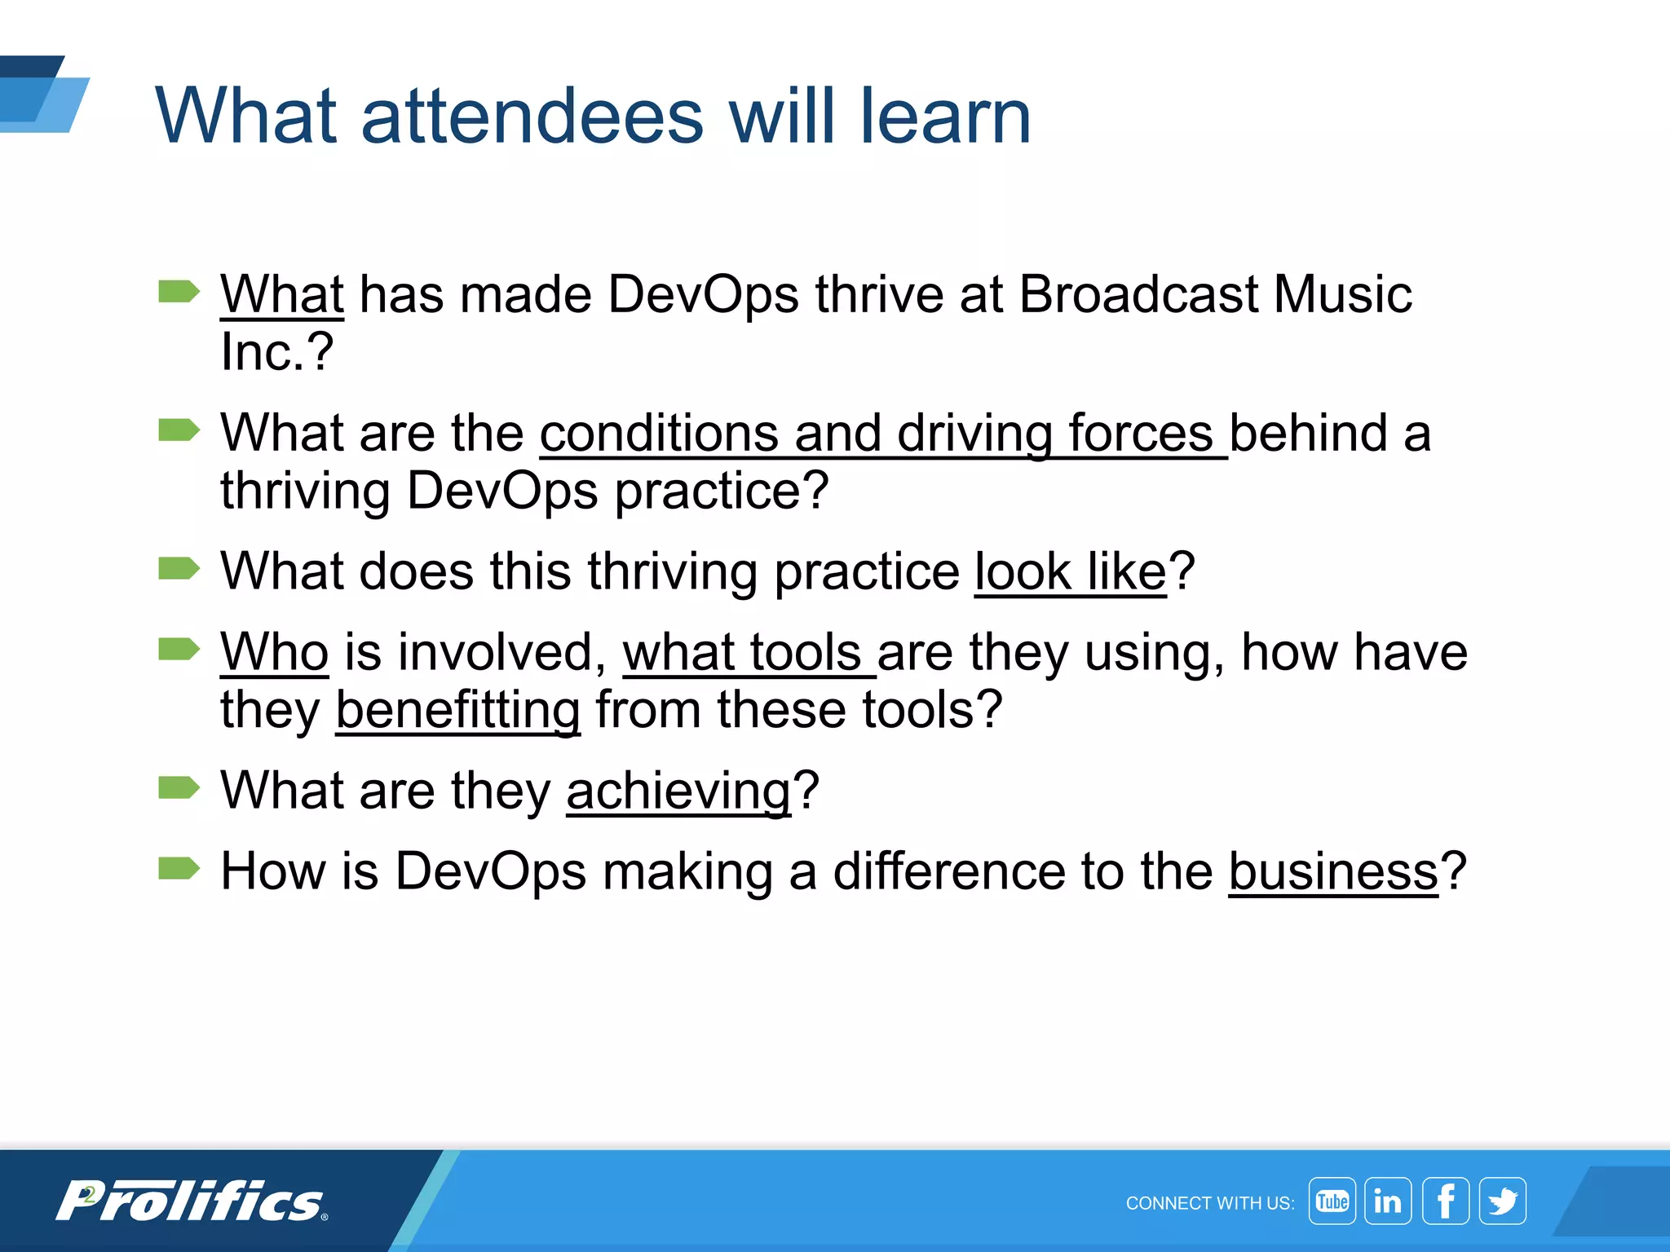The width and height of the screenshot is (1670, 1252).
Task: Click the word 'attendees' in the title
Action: (x=532, y=117)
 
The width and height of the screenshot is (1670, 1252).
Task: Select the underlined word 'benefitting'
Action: (x=457, y=710)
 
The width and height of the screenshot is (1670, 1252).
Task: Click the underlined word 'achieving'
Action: (x=678, y=791)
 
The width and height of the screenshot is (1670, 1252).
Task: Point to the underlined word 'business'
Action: (x=1332, y=871)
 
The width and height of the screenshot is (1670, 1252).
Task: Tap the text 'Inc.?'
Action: (x=276, y=352)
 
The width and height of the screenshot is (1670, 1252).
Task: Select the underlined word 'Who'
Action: (x=274, y=652)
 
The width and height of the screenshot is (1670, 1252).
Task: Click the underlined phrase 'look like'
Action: (x=1070, y=571)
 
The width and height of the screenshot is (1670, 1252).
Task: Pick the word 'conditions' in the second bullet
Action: (x=658, y=433)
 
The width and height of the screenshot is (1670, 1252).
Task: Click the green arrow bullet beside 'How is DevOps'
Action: (x=179, y=869)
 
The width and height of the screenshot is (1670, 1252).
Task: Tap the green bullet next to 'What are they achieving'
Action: (x=179, y=787)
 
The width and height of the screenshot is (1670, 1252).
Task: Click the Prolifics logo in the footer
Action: (x=192, y=1201)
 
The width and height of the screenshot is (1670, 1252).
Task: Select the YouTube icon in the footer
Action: (x=1332, y=1201)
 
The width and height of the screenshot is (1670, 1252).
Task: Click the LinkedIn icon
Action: (x=1387, y=1201)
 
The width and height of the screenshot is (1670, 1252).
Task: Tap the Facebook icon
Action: (x=1445, y=1201)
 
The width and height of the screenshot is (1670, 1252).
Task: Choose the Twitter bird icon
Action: (x=1502, y=1201)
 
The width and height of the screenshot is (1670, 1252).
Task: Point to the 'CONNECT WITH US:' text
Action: (x=1209, y=1203)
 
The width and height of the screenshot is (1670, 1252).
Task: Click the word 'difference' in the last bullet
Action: (x=948, y=871)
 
